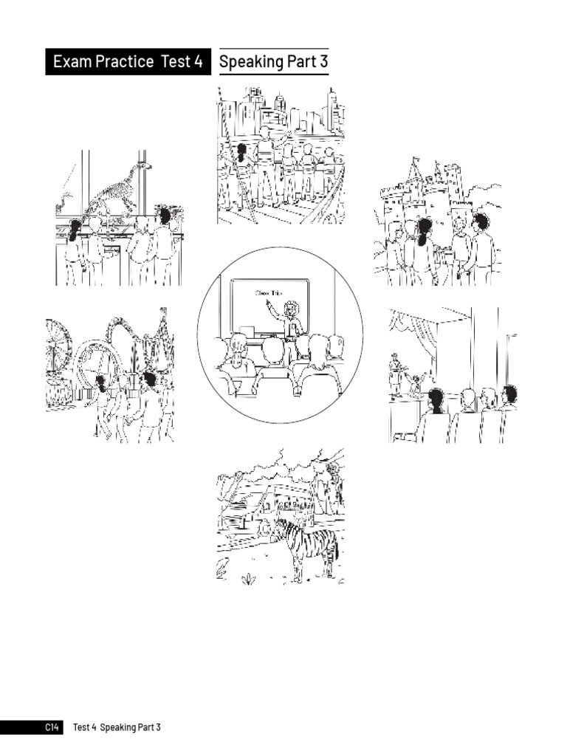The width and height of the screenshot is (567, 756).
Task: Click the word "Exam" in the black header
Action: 72,62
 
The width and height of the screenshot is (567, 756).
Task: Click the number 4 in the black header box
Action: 197,62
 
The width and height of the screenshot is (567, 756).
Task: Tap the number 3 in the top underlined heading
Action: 323,62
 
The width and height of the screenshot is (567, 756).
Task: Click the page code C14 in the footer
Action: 51,728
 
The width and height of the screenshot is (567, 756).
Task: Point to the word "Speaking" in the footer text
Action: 117,728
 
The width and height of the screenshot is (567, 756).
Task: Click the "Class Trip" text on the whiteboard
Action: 269,293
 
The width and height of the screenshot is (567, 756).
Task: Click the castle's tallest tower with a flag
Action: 416,177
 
